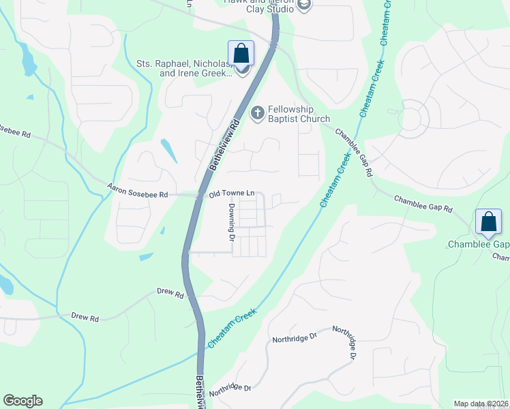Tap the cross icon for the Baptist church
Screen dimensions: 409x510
point(258,112)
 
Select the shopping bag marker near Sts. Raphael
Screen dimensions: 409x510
point(241,52)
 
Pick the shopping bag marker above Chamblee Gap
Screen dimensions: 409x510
point(488,222)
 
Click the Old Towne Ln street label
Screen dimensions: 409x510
point(231,194)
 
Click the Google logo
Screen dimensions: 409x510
point(22,401)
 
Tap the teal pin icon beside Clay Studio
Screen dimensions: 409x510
point(304,6)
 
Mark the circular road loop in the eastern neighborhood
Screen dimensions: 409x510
point(411,120)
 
